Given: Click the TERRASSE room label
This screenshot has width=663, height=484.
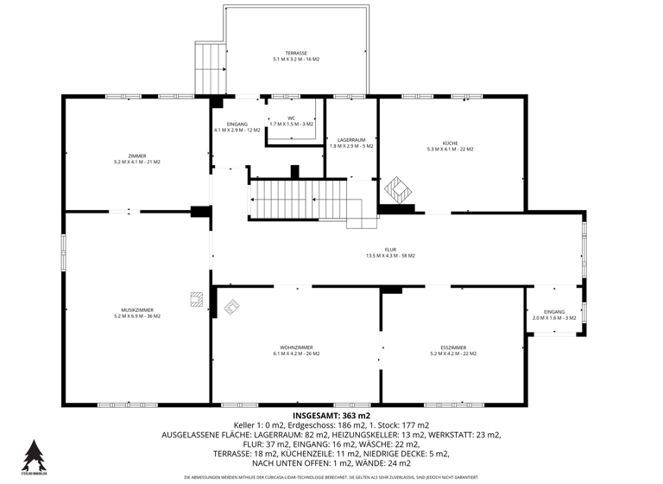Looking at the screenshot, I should (296, 54).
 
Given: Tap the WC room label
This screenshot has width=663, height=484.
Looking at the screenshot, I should (292, 118).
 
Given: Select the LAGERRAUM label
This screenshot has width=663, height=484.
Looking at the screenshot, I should (351, 139).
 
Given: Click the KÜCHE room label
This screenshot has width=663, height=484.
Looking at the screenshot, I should (450, 143).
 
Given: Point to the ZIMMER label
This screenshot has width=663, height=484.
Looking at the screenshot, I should (136, 156).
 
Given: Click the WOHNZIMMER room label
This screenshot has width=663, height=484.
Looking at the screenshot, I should (296, 347).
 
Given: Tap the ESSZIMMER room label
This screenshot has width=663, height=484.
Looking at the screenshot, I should (452, 347).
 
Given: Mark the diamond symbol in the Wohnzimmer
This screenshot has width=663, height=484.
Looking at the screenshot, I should (231, 306).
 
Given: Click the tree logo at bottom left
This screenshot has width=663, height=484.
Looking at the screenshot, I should (33, 456).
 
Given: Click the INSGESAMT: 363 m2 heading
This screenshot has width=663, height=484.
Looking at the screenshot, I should (331, 416).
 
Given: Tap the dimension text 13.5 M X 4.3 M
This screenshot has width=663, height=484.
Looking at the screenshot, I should (390, 256).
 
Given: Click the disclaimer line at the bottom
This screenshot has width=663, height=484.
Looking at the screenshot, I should (331, 477).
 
